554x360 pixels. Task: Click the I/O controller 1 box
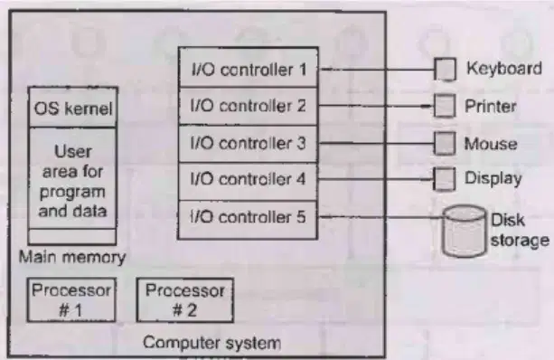(x=249, y=67)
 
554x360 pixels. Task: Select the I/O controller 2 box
(x=249, y=106)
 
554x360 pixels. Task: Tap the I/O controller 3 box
(x=249, y=144)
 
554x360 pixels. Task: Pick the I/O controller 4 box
(x=249, y=182)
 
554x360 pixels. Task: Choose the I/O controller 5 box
(x=249, y=220)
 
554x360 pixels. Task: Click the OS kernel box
(x=73, y=107)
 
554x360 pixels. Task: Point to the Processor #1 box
(x=71, y=300)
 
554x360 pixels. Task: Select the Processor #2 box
(x=185, y=300)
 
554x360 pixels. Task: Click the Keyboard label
(x=504, y=68)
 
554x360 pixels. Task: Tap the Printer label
(x=491, y=106)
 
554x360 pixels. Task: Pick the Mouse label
(x=491, y=144)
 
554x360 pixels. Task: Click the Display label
(x=493, y=179)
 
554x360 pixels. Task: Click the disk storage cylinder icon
(x=465, y=231)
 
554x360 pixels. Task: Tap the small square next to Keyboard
(x=445, y=70)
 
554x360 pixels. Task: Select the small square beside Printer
(x=444, y=106)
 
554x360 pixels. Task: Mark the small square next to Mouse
(x=445, y=143)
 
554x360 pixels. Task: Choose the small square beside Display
(x=444, y=179)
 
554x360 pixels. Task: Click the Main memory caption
(x=72, y=257)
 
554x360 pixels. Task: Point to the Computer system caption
(x=212, y=343)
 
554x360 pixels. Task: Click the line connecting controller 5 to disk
(x=381, y=216)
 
